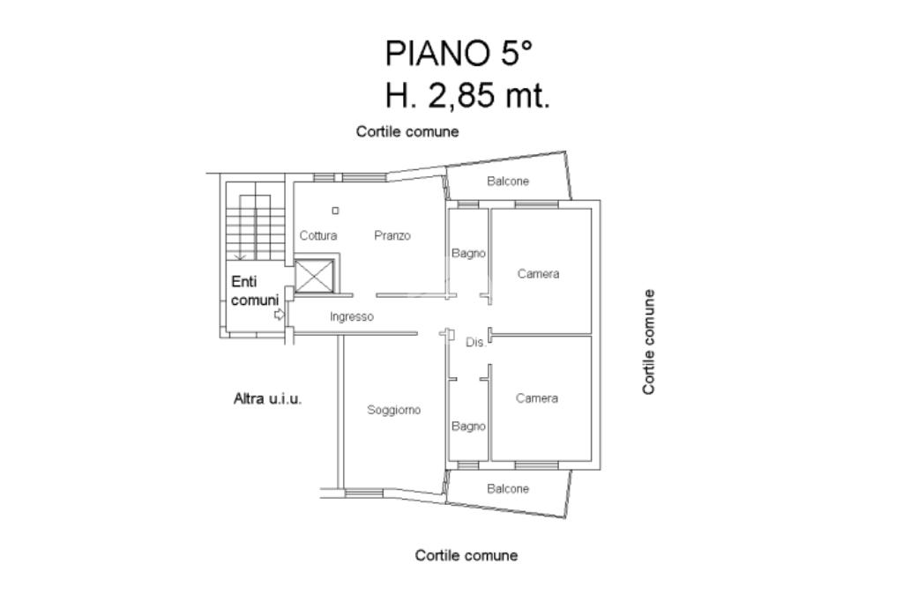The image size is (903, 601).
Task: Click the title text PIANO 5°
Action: (459, 54)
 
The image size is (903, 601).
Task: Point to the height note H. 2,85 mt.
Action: (467, 95)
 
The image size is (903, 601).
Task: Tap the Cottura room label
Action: (317, 235)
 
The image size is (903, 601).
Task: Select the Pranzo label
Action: (392, 235)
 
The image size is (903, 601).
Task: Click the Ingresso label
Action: (351, 316)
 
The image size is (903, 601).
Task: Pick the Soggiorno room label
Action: (394, 410)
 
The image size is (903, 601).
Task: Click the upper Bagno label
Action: (468, 253)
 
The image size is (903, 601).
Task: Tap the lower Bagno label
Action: (468, 427)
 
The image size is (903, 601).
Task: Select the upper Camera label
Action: (538, 274)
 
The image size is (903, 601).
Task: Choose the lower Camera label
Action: (537, 398)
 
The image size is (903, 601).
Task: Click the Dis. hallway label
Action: (475, 343)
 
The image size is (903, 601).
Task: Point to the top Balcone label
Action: (507, 182)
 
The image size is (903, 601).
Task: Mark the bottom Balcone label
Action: (507, 489)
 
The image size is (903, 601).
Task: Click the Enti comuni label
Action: (255, 291)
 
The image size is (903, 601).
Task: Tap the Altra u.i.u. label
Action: (268, 398)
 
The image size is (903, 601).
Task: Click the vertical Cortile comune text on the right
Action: (649, 342)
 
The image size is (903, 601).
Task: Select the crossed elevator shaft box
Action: (314, 277)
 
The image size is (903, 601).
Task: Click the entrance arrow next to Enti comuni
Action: (280, 315)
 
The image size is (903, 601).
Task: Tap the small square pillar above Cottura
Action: (335, 211)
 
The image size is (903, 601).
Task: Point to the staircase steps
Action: (255, 227)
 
